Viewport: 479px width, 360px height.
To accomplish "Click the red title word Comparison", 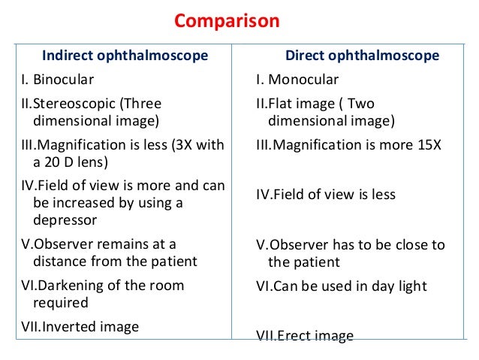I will (227, 20).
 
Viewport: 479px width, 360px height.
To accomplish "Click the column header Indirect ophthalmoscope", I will (125, 56).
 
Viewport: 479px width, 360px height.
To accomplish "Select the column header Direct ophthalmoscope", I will (362, 56).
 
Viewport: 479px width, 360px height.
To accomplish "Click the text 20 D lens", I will (74, 162).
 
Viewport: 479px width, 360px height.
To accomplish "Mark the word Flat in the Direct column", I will (282, 103).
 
